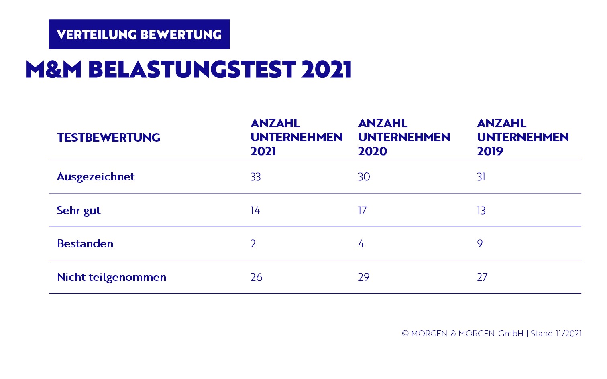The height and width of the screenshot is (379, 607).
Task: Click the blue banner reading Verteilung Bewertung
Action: coord(139,34)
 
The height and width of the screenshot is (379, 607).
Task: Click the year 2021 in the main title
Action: coord(326,69)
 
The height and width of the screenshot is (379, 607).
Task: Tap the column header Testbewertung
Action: coord(108,138)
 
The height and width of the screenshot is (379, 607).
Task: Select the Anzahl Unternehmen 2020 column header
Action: coord(404,137)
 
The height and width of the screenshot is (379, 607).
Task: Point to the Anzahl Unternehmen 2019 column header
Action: coord(523,137)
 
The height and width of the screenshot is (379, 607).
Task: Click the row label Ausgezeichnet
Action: coord(96,177)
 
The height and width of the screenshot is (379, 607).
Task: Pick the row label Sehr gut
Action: coord(79,211)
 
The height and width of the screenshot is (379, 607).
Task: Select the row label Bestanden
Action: coord(85,244)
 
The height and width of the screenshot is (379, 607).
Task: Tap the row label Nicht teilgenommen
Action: coord(111,277)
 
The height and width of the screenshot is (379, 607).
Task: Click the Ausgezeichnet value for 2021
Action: coord(256,177)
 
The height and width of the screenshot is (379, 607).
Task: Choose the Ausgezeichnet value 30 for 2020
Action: coord(364,177)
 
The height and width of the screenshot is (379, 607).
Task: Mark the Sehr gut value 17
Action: coord(362,211)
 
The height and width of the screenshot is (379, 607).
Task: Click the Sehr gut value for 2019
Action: coord(481,211)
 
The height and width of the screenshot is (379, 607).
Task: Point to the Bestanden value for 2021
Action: coord(253,244)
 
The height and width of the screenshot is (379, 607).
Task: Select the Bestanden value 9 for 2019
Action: coord(480,244)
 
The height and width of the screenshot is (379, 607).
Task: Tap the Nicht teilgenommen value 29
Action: coord(364,277)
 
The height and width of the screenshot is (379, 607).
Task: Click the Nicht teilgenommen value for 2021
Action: coord(257,277)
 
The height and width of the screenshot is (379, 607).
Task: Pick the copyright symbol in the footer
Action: coord(405,334)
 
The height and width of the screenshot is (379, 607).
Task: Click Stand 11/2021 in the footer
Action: coord(556,334)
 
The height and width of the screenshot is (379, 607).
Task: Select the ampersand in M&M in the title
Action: coord(54,69)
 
